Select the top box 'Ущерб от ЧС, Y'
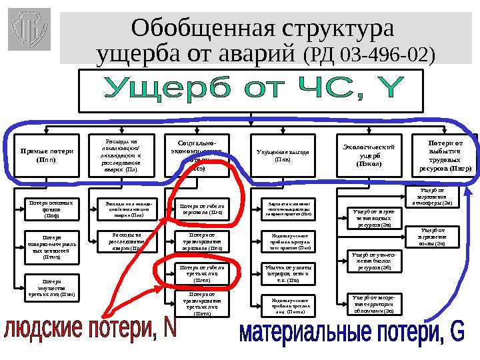pyautogui.click(x=250, y=91)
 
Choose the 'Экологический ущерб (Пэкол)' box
pyautogui.click(x=369, y=155)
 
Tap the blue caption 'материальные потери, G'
pyautogui.click(x=352, y=333)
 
